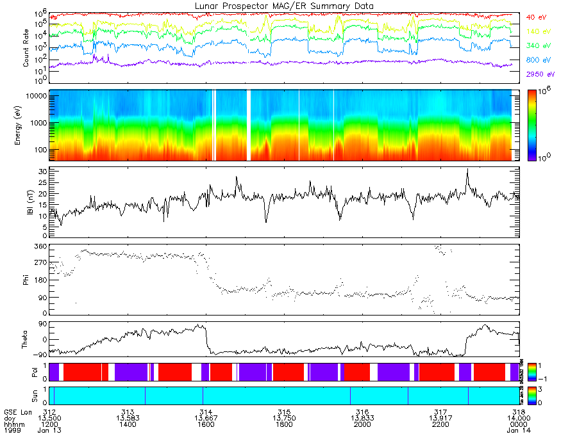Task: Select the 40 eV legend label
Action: click(536, 17)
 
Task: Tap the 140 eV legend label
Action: click(537, 31)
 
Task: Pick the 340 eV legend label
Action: click(537, 46)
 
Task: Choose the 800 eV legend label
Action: click(537, 60)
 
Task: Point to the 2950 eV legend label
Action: click(539, 74)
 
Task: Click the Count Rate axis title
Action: click(26, 48)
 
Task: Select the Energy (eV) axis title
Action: click(26, 125)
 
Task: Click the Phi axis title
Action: click(26, 280)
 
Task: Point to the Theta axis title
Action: click(26, 340)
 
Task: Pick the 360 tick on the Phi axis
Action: click(40, 246)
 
